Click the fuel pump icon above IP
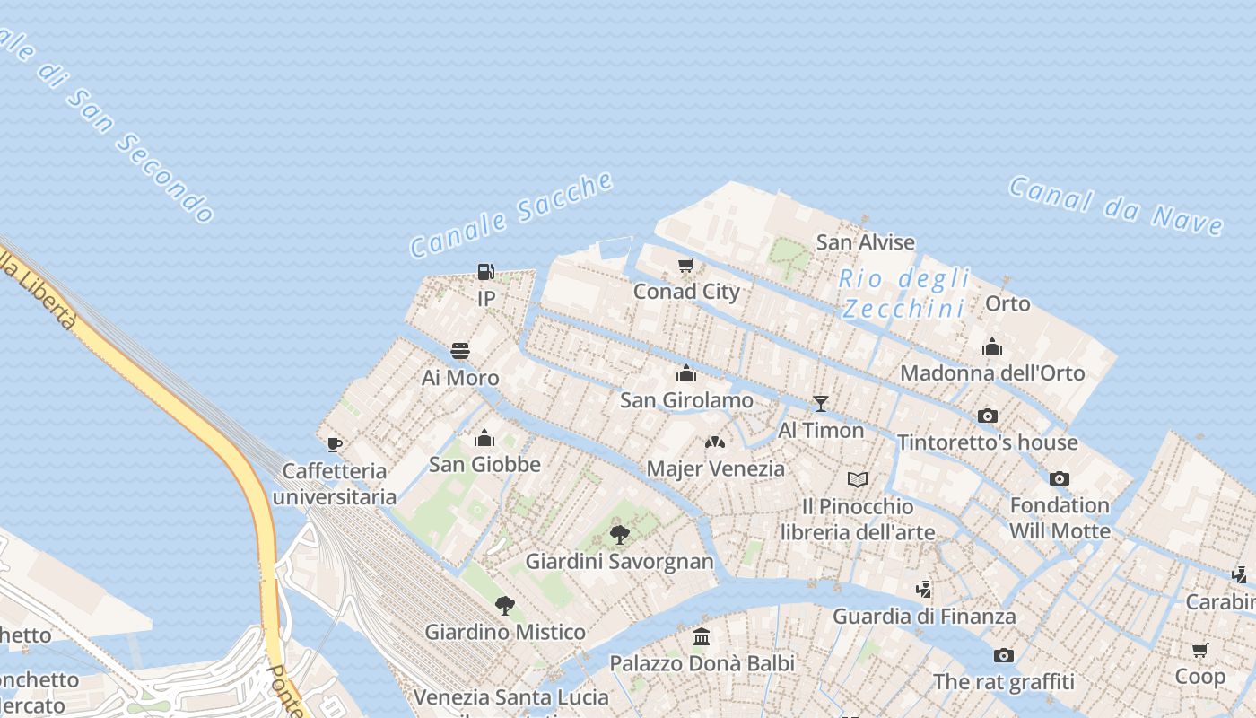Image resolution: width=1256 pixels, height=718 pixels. click(485, 271)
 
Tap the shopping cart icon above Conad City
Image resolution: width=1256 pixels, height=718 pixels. click(686, 265)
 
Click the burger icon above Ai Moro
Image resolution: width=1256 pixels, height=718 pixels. click(460, 350)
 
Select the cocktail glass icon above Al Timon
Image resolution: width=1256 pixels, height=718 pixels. click(820, 403)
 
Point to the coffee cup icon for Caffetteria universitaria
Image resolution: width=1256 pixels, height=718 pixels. click(335, 444)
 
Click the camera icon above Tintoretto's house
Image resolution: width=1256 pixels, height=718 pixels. click(988, 416)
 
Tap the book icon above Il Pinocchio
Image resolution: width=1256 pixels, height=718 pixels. click(858, 479)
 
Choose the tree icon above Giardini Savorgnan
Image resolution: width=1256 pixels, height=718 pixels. click(619, 536)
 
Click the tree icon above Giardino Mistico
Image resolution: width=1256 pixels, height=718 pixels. click(505, 606)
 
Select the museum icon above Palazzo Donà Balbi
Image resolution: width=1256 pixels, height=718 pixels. click(702, 637)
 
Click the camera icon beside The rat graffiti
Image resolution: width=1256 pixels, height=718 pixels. click(1004, 655)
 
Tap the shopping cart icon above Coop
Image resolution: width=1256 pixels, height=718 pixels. click(1200, 650)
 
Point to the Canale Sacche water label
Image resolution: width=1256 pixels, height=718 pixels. click(511, 215)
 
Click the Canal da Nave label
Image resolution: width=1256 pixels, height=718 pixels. click(1116, 206)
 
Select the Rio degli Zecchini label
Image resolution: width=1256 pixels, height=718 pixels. click(904, 293)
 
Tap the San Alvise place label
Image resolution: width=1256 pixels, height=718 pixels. click(865, 242)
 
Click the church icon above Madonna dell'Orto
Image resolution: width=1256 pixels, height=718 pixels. click(992, 346)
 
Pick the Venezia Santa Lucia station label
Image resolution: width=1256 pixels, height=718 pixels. click(490, 696)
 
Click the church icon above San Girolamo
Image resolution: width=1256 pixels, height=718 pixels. click(686, 373)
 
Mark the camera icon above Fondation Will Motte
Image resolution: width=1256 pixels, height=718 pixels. click(1060, 478)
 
